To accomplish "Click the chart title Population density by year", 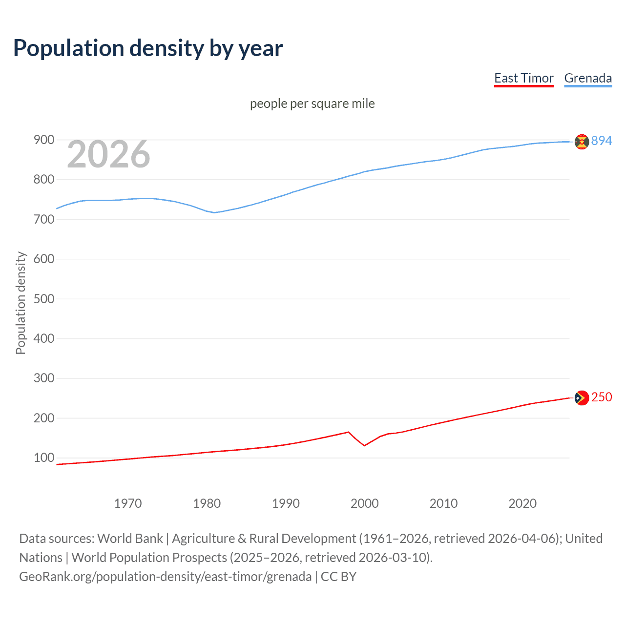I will (148, 48).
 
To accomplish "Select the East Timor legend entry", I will (523, 78).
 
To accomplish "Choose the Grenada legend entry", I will (588, 78).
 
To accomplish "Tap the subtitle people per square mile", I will (312, 104).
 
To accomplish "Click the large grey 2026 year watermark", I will (108, 154).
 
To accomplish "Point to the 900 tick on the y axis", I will (43, 140).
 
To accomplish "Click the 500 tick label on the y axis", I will (43, 299).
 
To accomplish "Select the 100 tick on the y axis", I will (43, 458).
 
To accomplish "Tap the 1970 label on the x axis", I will (128, 503).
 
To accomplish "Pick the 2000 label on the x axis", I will (365, 503).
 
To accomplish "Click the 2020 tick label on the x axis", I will (522, 503).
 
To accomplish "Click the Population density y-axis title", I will (21, 303).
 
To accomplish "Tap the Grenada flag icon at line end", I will (582, 142).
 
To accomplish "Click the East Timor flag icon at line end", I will (582, 398).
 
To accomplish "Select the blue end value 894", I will (602, 141).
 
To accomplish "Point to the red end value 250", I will (602, 397).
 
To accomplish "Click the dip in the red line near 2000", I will (364, 445).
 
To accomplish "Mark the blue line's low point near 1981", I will (214, 212).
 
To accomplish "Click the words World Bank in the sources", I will (130, 539).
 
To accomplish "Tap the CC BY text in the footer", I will (338, 577).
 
